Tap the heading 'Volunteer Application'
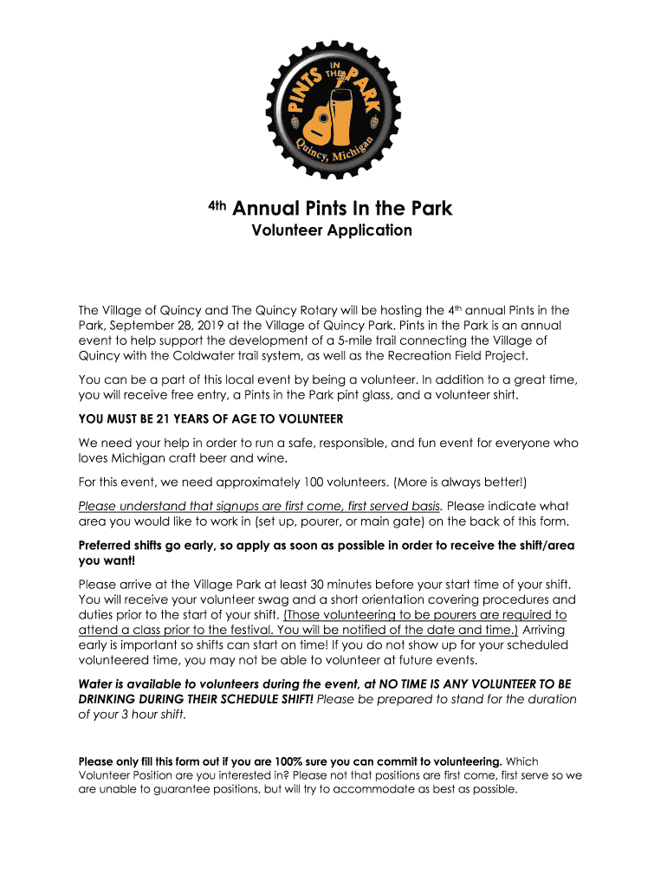click(x=332, y=230)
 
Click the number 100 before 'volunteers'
click(x=314, y=482)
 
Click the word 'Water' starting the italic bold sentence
click(x=96, y=683)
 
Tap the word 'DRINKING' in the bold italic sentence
click(x=111, y=699)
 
